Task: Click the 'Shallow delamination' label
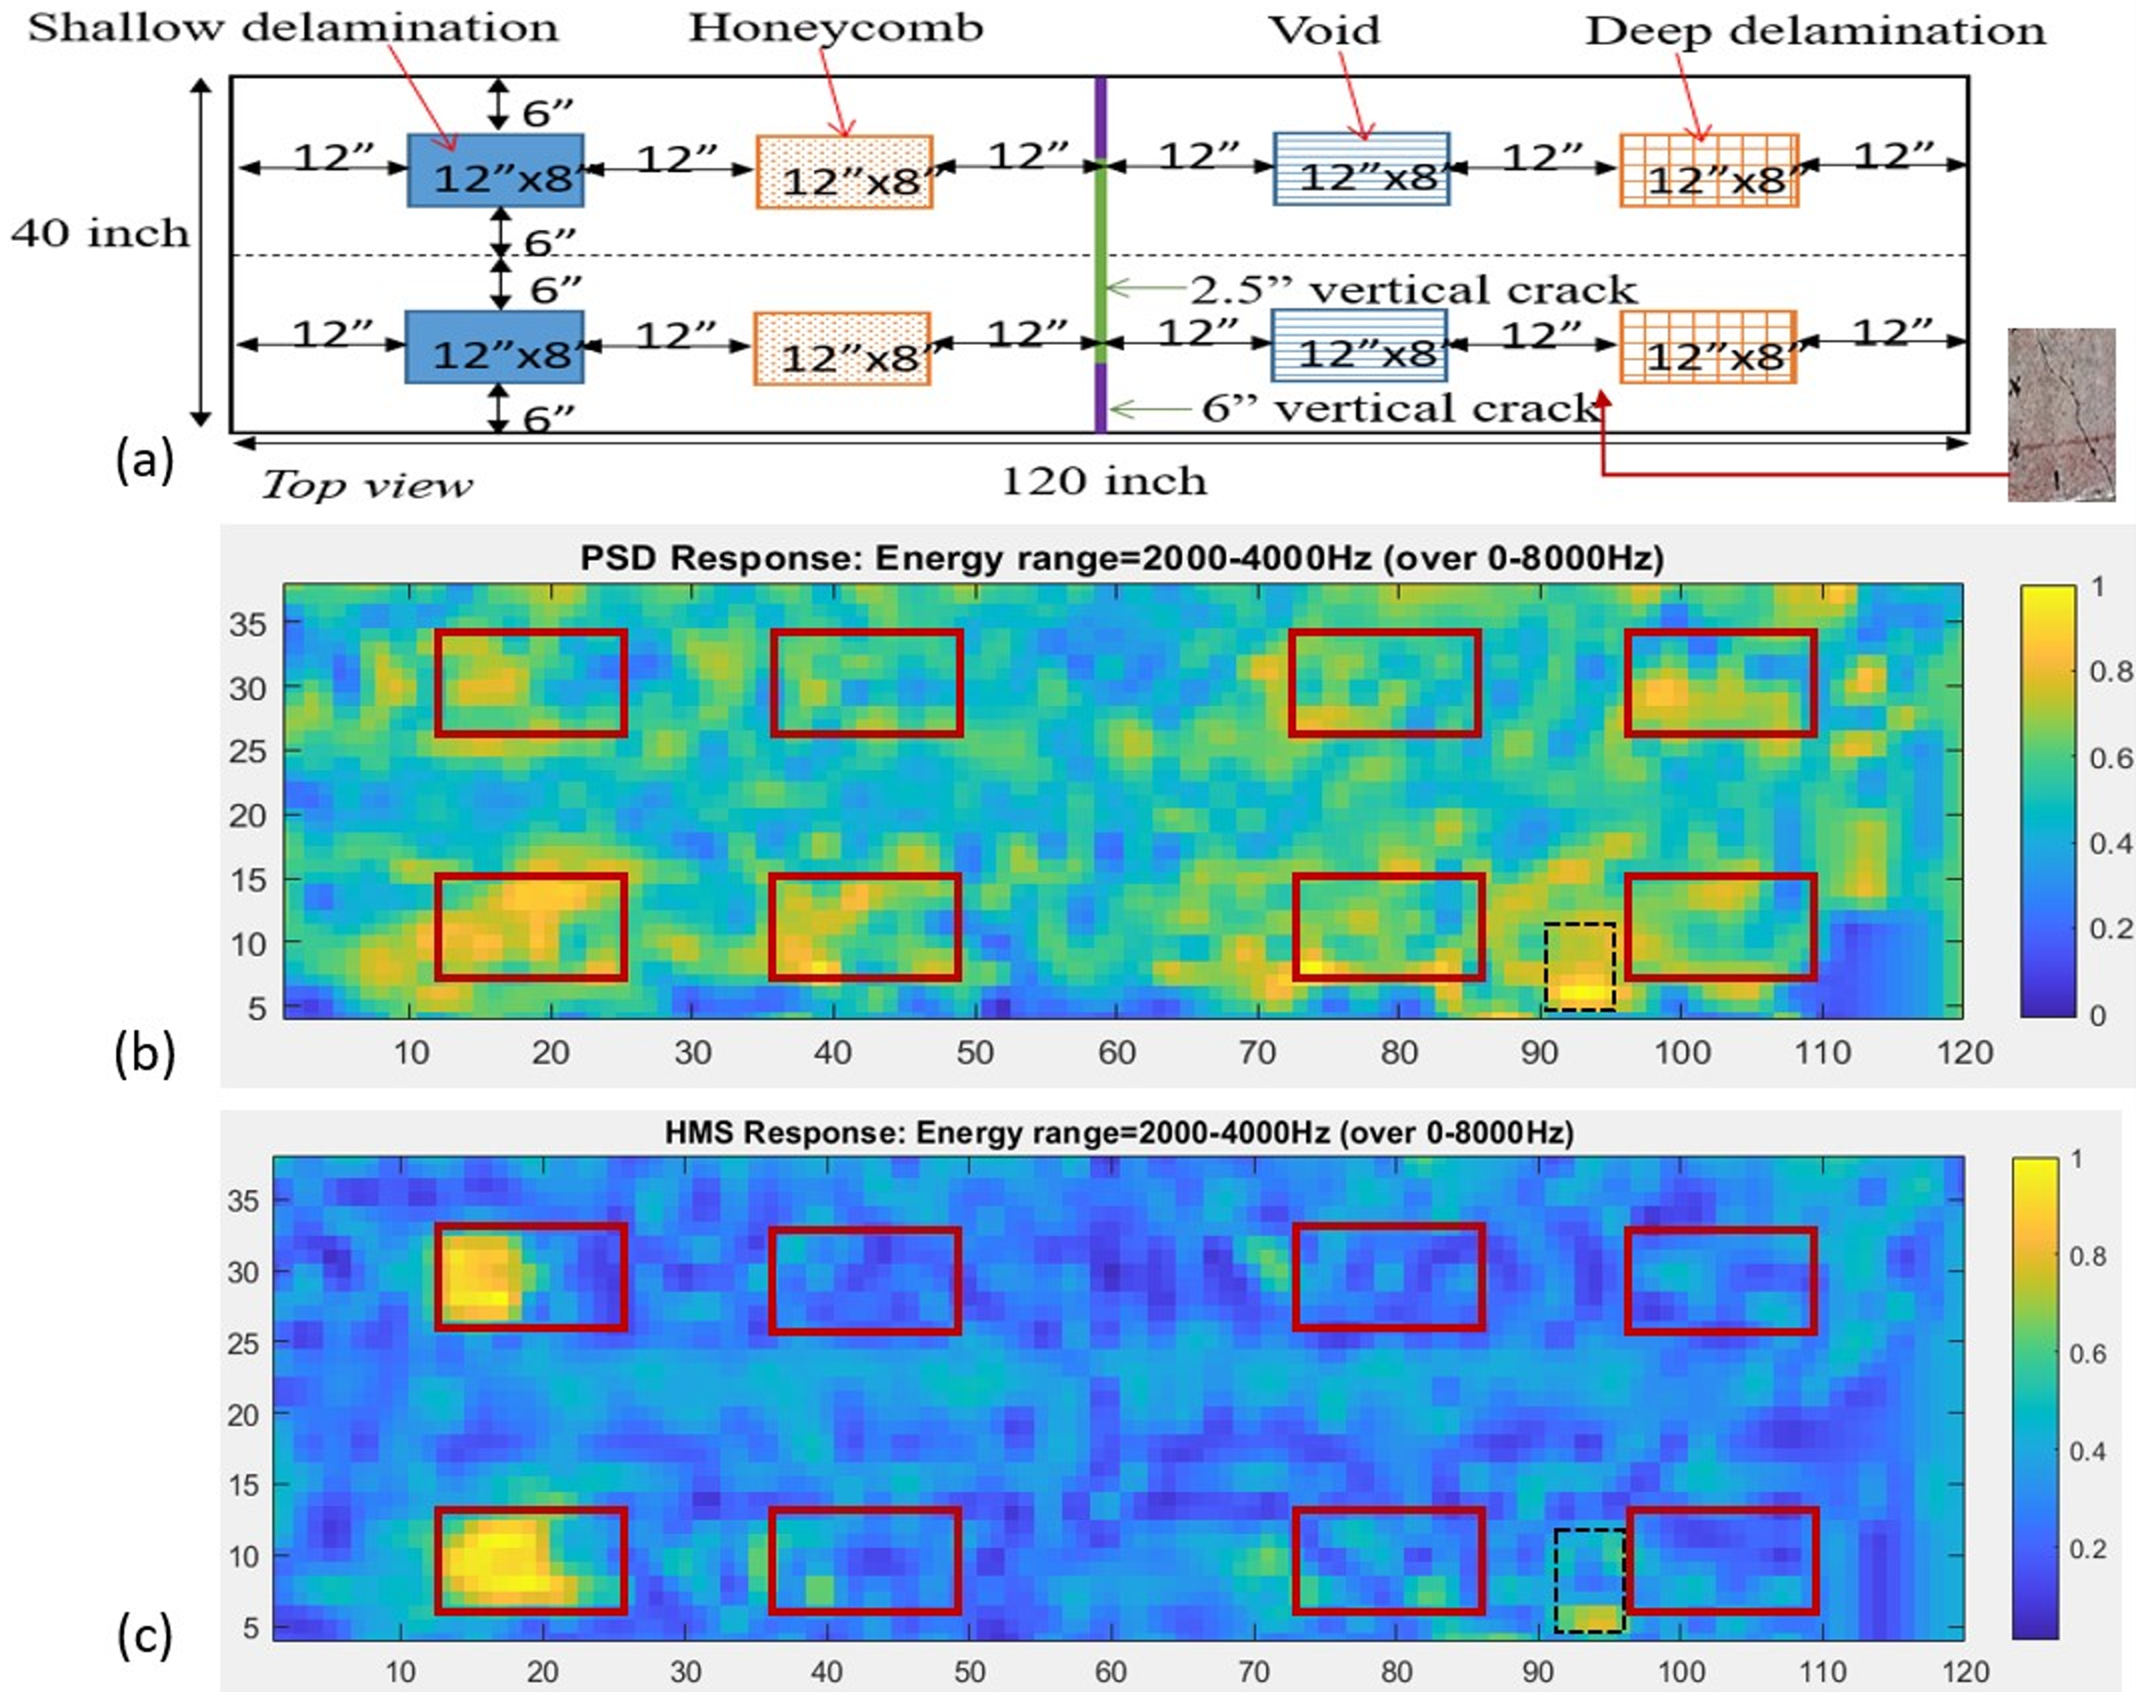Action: [293, 28]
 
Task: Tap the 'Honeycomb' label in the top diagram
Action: [836, 28]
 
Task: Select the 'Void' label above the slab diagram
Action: [1324, 30]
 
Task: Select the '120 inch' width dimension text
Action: [1104, 481]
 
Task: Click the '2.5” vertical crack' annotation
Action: [1413, 290]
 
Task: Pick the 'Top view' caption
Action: [366, 485]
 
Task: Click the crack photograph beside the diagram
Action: [2061, 414]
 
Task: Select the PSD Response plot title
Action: [1122, 559]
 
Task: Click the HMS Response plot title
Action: [1118, 1133]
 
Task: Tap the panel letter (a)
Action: [145, 461]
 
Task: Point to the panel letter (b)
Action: [145, 1054]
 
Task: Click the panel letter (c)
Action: [145, 1636]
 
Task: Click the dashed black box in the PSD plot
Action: [1579, 966]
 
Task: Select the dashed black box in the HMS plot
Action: [1589, 1580]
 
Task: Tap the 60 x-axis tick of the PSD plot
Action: [1117, 1052]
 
